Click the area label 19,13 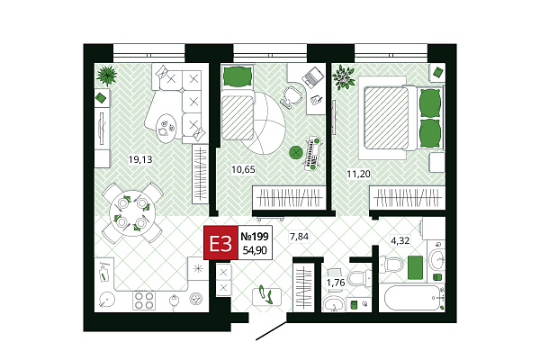[140, 159]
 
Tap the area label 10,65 [244, 169]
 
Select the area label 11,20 [358, 174]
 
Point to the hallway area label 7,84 [300, 237]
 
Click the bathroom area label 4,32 [400, 240]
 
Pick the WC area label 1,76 [336, 283]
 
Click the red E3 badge [220, 242]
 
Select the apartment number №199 [255, 237]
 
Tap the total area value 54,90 [255, 250]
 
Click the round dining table [132, 213]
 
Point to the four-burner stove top [144, 301]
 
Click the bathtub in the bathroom [412, 298]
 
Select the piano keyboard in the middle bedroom [313, 153]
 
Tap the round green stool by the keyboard [295, 152]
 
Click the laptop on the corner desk [313, 77]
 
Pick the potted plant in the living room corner [106, 76]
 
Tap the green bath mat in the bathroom [415, 267]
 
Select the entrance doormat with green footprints [267, 296]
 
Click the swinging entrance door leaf [272, 331]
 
